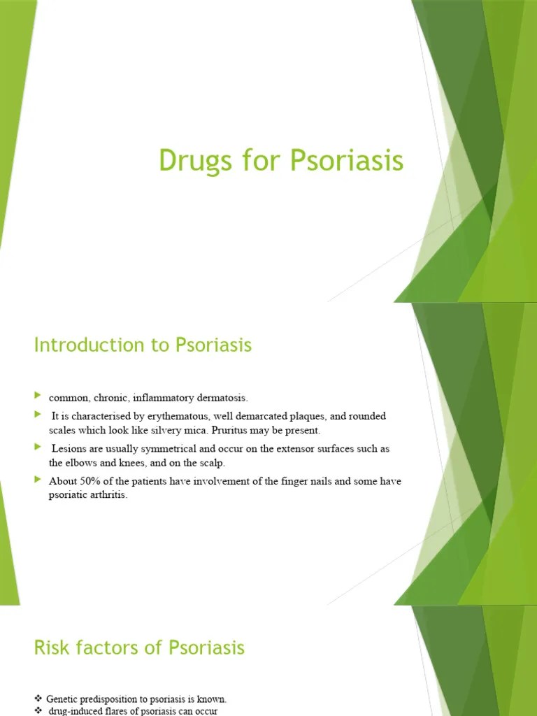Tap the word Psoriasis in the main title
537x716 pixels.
pos(347,161)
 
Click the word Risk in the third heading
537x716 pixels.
pos(50,647)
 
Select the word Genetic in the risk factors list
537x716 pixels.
pos(63,699)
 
